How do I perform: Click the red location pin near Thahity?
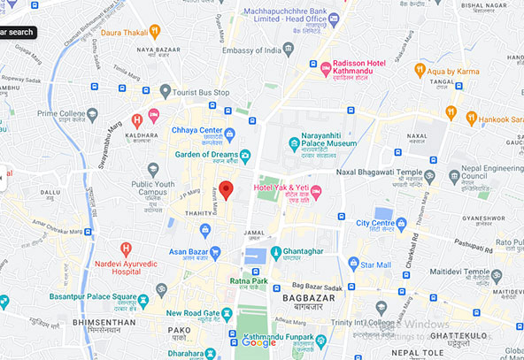point(226,189)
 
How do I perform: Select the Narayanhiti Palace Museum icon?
point(294,143)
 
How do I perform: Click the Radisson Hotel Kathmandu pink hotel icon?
point(326,67)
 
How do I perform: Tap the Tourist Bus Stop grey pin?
point(165,91)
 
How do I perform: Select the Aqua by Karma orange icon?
point(420,69)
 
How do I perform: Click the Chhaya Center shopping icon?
point(230,134)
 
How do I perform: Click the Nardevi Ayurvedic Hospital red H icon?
point(127,249)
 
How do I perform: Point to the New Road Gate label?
point(192,313)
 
